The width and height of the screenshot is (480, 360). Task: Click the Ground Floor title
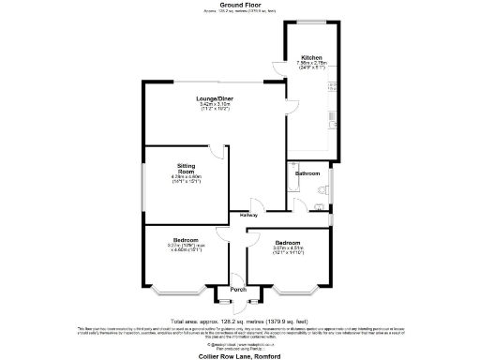(239, 5)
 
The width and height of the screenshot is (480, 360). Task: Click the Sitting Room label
(186, 168)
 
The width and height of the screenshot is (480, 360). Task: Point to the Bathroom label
(307, 173)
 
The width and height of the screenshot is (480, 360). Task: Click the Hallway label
(248, 216)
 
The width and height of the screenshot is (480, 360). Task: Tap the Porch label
(238, 290)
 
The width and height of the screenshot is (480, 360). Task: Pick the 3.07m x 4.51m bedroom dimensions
(288, 249)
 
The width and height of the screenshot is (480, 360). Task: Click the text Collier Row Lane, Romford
(239, 356)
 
